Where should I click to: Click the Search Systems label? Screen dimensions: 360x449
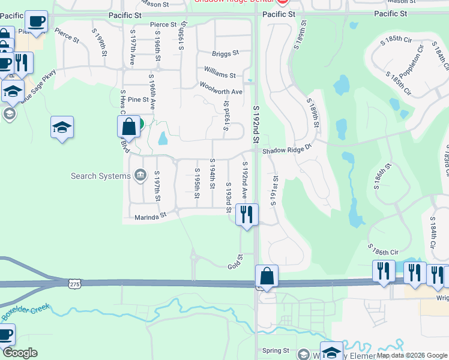(x=100, y=176)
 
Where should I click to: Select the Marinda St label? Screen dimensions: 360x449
(x=150, y=217)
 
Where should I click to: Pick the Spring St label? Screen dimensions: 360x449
(x=276, y=350)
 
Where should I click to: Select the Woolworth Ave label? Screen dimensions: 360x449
(x=221, y=88)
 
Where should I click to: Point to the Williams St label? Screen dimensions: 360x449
(x=220, y=73)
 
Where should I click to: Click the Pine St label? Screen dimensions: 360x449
(x=137, y=100)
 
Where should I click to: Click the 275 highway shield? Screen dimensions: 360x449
(x=74, y=283)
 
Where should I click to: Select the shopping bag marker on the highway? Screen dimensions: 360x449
(x=267, y=277)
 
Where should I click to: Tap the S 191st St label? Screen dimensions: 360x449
(x=276, y=190)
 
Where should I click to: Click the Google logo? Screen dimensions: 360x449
(x=20, y=353)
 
